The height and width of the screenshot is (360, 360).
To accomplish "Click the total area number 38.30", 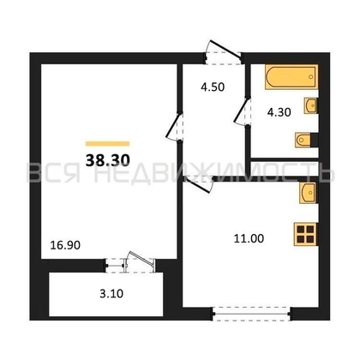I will click(106, 158).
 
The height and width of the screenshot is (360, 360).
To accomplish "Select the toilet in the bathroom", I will click(304, 139).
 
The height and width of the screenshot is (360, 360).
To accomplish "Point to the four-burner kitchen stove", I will click(306, 234).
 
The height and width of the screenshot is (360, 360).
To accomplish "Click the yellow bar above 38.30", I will click(107, 141).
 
